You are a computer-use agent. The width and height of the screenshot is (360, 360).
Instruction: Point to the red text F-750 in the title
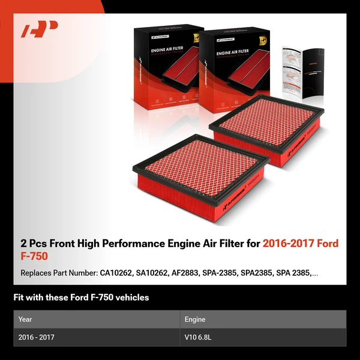click(34, 256)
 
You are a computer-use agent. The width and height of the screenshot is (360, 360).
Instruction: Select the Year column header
click(25, 319)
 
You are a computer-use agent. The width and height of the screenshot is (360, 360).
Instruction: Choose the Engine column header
click(195, 319)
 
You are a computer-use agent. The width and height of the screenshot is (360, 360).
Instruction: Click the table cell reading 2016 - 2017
click(37, 337)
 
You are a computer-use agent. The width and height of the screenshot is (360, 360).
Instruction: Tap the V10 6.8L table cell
click(198, 337)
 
